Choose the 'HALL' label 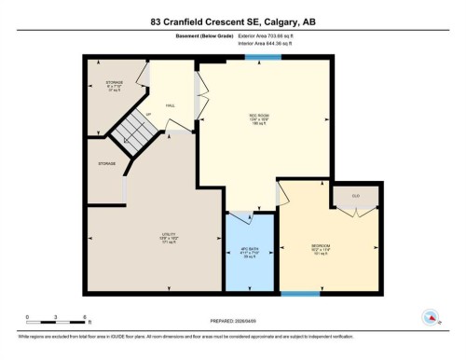click(171, 105)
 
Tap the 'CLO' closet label click(356, 196)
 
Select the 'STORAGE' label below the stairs click(106, 164)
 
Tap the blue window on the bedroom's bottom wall click(299, 295)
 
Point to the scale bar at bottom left click(57, 322)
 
